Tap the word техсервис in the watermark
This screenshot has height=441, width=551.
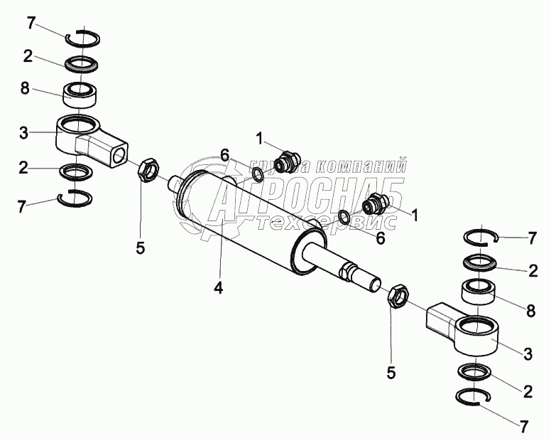tap(327, 223)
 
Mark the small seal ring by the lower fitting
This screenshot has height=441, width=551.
tap(344, 216)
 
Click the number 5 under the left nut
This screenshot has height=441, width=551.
tap(141, 248)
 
